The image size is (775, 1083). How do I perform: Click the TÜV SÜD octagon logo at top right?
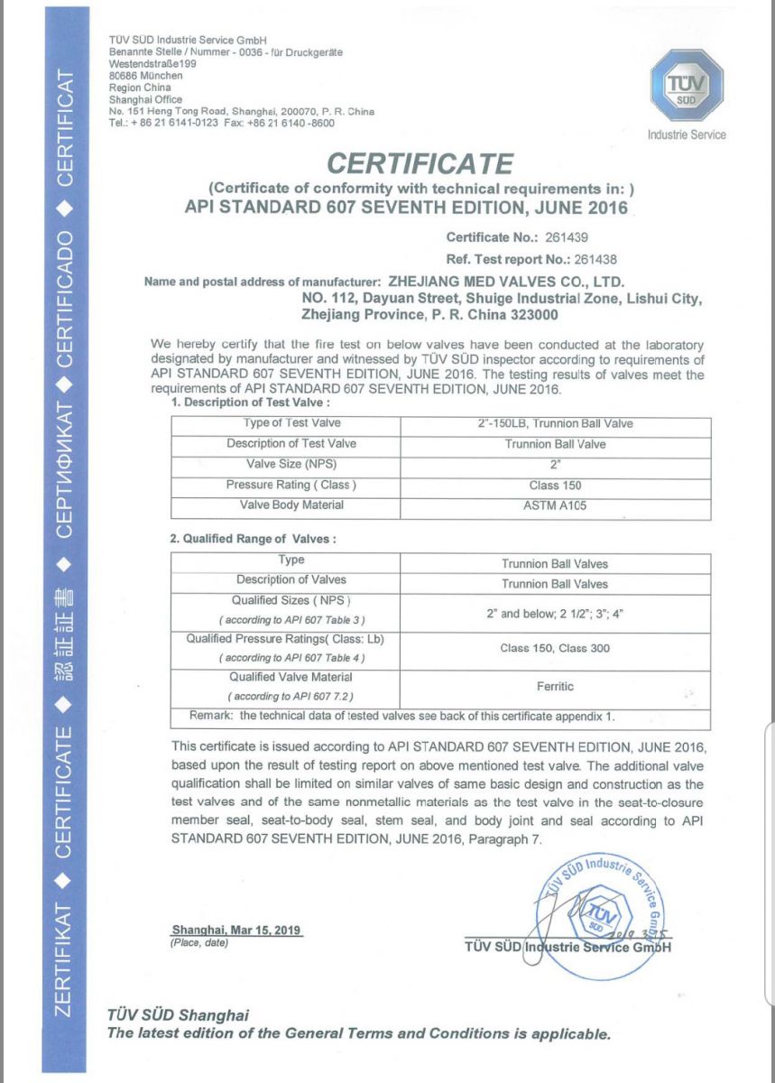click(x=686, y=88)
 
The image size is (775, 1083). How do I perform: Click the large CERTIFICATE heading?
click(x=420, y=163)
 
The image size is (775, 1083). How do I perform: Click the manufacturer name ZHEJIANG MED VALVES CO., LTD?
click(x=505, y=282)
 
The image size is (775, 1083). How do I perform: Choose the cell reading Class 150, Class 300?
click(x=554, y=648)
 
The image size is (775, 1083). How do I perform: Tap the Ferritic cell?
click(x=554, y=686)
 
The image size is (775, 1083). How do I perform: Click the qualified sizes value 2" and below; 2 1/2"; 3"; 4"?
click(x=554, y=614)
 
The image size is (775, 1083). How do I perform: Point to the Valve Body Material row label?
click(x=291, y=504)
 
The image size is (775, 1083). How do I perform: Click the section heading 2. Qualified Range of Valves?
click(x=254, y=539)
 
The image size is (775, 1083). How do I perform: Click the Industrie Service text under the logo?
click(x=686, y=134)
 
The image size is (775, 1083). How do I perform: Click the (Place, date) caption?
click(x=199, y=942)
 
